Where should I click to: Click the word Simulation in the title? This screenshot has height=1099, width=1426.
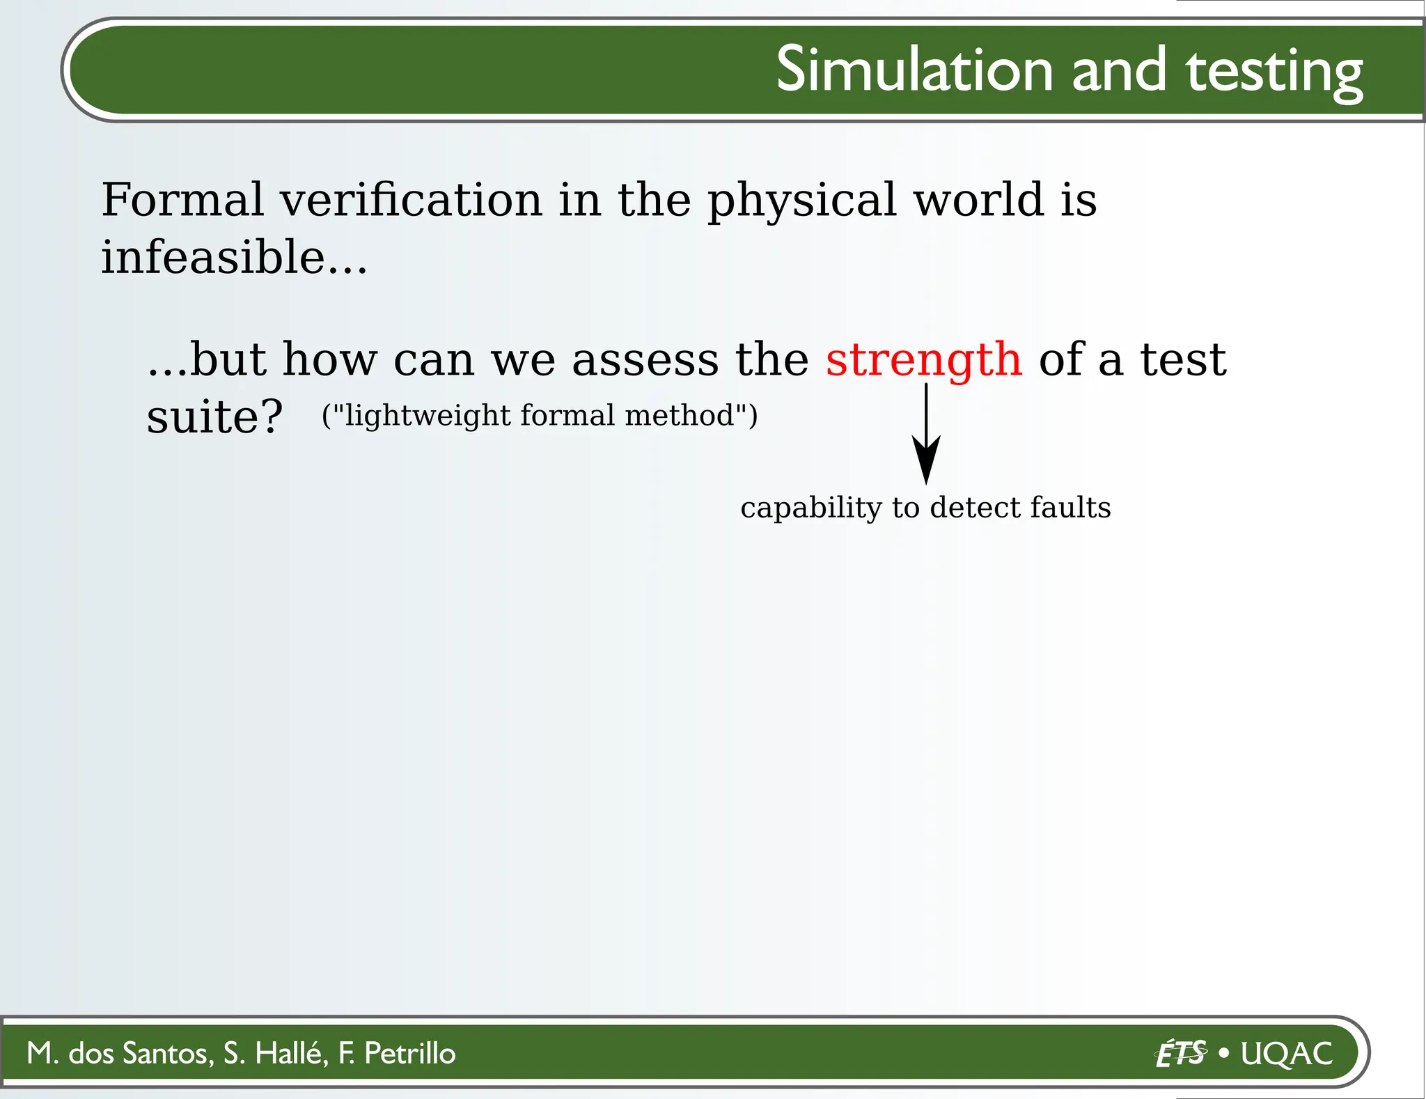pyautogui.click(x=914, y=70)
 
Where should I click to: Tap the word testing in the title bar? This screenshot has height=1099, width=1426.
pyautogui.click(x=1274, y=72)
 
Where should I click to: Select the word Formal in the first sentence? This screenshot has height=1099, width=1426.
pyautogui.click(x=182, y=200)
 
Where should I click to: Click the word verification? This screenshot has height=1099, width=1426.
pyautogui.click(x=411, y=200)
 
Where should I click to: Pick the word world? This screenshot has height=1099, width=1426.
pyautogui.click(x=978, y=200)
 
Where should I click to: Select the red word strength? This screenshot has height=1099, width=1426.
pyautogui.click(x=923, y=361)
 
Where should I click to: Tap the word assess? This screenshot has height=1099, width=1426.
pyautogui.click(x=645, y=361)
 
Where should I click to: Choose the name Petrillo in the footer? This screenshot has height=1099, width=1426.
pyautogui.click(x=409, y=1053)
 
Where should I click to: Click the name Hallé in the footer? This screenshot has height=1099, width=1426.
pyautogui.click(x=291, y=1053)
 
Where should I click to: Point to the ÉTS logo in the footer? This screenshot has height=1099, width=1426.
pyautogui.click(x=1181, y=1053)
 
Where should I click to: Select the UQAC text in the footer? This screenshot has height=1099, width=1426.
pyautogui.click(x=1286, y=1053)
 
